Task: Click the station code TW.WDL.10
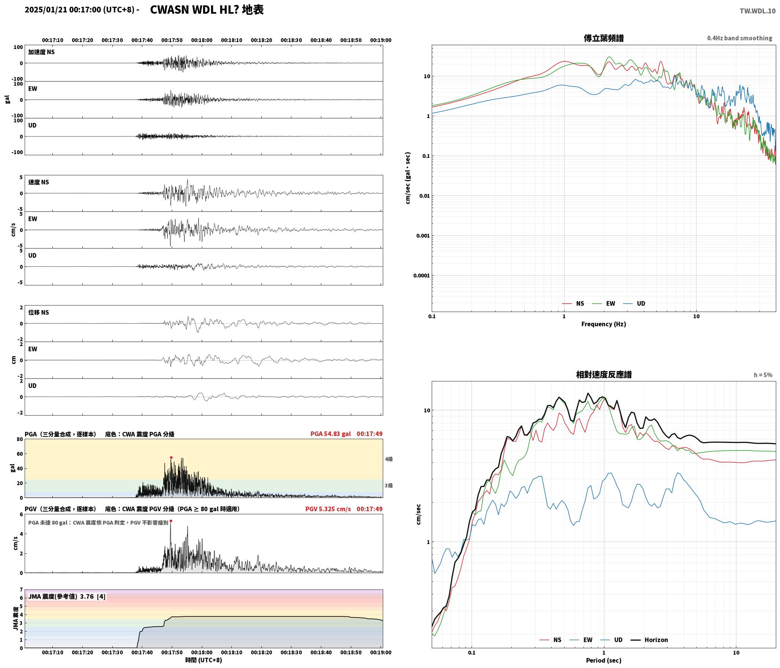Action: pyautogui.click(x=757, y=11)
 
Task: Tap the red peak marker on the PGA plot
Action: pyautogui.click(x=171, y=457)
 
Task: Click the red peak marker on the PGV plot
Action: pyautogui.click(x=171, y=521)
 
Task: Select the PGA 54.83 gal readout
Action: pyautogui.click(x=330, y=434)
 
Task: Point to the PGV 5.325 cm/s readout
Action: pyautogui.click(x=328, y=509)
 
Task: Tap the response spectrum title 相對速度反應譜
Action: pyautogui.click(x=604, y=375)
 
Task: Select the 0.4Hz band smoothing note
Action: pyautogui.click(x=739, y=38)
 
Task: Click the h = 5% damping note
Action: pyautogui.click(x=763, y=375)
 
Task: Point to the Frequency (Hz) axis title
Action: pyautogui.click(x=604, y=324)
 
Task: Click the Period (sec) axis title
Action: pyautogui.click(x=604, y=660)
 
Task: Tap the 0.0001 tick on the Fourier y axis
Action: pyautogui.click(x=421, y=276)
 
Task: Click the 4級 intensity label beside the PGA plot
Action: pyautogui.click(x=389, y=459)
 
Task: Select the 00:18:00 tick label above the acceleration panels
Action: pyautogui.click(x=202, y=40)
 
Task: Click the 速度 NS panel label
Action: pyautogui.click(x=39, y=182)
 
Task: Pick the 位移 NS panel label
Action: pyautogui.click(x=39, y=312)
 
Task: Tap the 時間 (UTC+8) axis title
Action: pyautogui.click(x=204, y=660)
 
